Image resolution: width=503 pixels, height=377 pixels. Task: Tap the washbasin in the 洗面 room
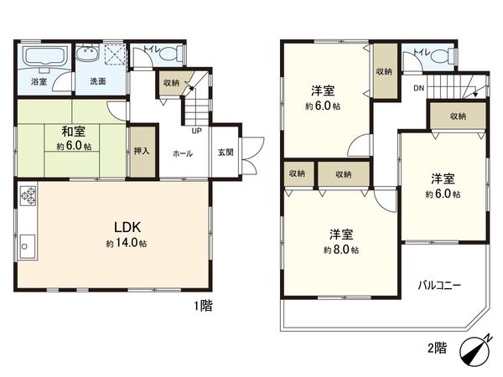[x=86, y=55]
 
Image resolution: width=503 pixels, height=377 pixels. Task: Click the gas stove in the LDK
[x=28, y=199]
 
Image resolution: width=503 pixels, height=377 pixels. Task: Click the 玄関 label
[x=226, y=152]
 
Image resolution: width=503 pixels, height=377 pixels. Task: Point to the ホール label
[x=183, y=153]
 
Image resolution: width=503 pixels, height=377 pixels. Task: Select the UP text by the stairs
[x=196, y=131]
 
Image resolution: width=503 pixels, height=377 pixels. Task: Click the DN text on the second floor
[x=417, y=86]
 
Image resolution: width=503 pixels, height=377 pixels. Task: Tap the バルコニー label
[x=440, y=286]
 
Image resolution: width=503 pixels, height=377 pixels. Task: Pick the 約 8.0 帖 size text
[x=343, y=250]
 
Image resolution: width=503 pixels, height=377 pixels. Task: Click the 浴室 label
[x=39, y=82]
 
